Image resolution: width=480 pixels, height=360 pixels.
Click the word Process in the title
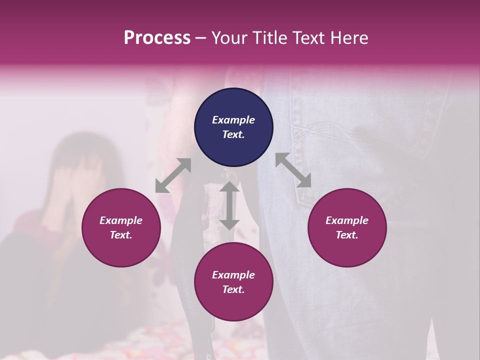(157, 38)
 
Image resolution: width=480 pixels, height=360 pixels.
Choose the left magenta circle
(121, 227)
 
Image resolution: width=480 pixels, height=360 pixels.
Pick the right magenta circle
(347, 227)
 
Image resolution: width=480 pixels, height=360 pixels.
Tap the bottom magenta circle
(233, 282)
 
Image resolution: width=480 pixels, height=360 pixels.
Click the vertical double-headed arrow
(229, 205)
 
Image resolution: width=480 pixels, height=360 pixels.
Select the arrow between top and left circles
(173, 175)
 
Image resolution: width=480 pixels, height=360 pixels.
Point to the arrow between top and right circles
(293, 170)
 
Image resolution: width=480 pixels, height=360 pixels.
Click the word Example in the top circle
(233, 120)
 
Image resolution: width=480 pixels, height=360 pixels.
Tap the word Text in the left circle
(121, 235)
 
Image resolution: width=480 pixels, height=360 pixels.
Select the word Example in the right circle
(347, 220)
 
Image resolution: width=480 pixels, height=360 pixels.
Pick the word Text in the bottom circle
(233, 289)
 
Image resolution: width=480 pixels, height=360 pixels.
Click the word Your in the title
(229, 38)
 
